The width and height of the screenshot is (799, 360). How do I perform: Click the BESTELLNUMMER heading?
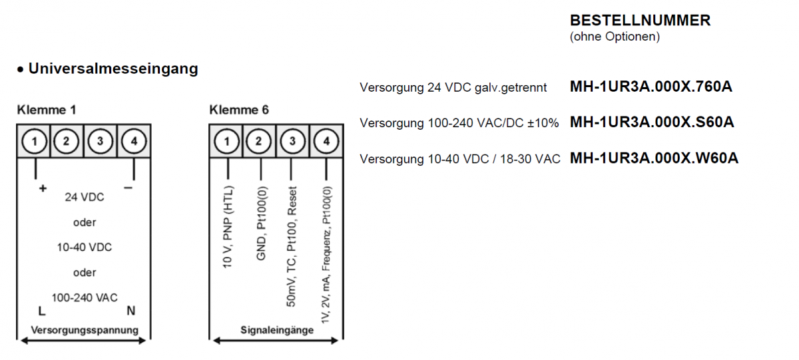[x=640, y=21]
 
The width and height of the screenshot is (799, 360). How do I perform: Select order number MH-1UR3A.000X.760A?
[x=651, y=87]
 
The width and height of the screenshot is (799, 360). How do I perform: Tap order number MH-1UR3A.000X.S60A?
[x=652, y=122]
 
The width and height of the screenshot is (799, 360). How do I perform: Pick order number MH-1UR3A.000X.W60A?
[x=654, y=158]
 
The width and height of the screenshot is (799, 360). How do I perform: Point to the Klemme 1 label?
[x=47, y=110]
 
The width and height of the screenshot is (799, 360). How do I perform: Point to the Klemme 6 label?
[x=239, y=110]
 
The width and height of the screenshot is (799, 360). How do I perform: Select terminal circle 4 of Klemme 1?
[x=134, y=141]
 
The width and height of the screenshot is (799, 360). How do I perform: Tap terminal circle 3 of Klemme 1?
[x=101, y=141]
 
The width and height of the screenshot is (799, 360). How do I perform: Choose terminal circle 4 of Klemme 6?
[x=326, y=141]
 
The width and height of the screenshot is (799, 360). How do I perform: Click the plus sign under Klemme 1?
[x=43, y=188]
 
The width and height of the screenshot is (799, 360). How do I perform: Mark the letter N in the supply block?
[x=131, y=310]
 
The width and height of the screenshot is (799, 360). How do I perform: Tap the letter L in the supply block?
[x=41, y=310]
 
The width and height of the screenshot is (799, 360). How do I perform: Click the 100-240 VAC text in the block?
[x=85, y=297]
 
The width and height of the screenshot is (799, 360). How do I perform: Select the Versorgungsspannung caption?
[x=85, y=329]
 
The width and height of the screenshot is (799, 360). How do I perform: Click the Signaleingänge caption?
[x=277, y=329]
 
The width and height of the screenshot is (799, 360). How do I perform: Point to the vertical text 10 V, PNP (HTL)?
[x=228, y=226]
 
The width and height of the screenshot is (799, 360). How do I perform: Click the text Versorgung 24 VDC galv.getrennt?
[x=453, y=87]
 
